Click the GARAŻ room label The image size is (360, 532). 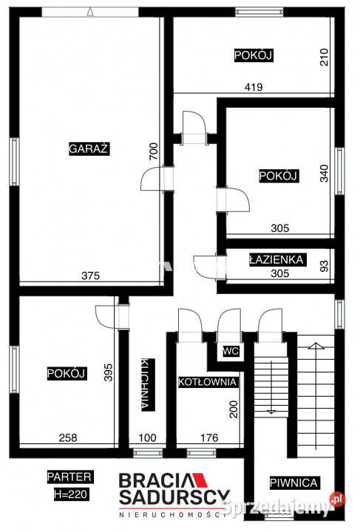tap(89, 148)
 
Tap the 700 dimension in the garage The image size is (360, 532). tap(153, 152)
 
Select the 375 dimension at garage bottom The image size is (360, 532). tap(89, 276)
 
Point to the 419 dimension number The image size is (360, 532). tap(255, 86)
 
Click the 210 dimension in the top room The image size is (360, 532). tap(323, 57)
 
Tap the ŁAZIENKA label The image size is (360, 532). tap(274, 259)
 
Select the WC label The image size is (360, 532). tap(229, 351)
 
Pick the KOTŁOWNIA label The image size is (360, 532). tap(208, 382)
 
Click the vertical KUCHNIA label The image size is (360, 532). tap(145, 384)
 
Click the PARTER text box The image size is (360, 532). tap(69, 476)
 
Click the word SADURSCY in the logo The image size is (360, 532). tap(176, 496)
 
